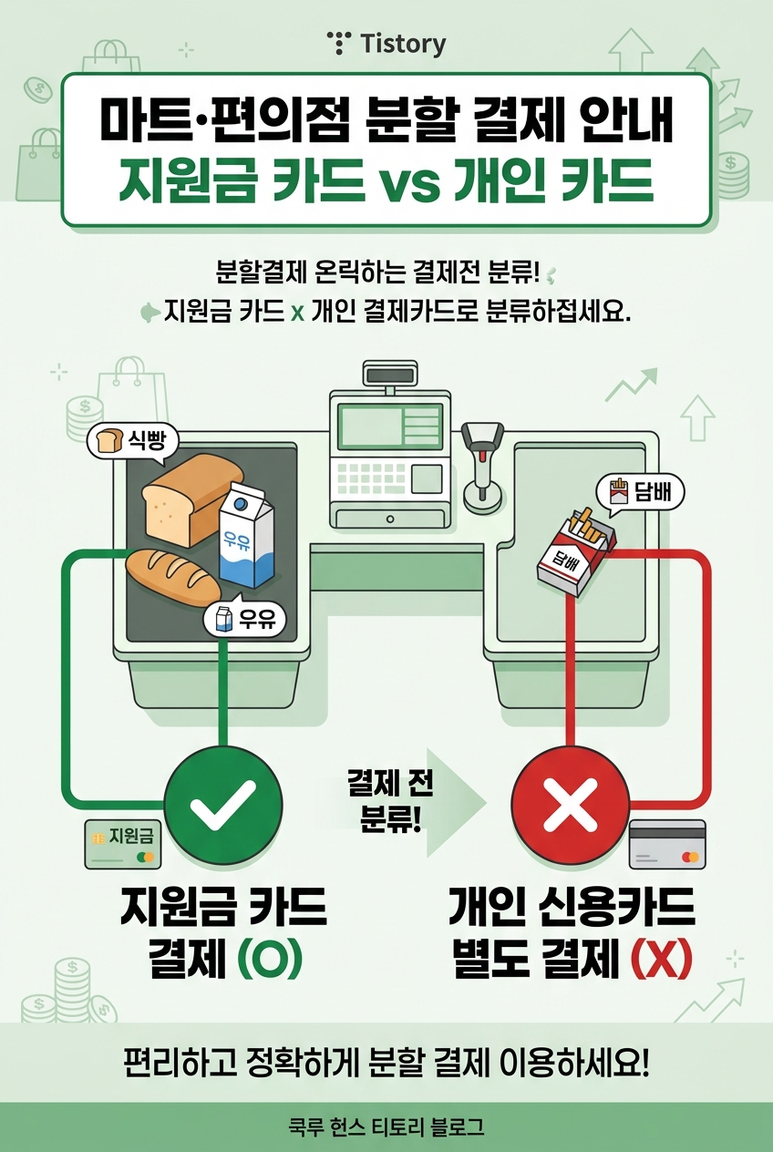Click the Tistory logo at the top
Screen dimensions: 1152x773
pyautogui.click(x=386, y=43)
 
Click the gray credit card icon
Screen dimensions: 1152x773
pyautogui.click(x=667, y=845)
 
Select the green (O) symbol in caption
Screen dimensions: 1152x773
pyautogui.click(x=269, y=960)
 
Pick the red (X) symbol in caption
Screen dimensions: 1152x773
pyautogui.click(x=660, y=960)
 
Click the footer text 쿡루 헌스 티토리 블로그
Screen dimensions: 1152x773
pyautogui.click(x=386, y=1127)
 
